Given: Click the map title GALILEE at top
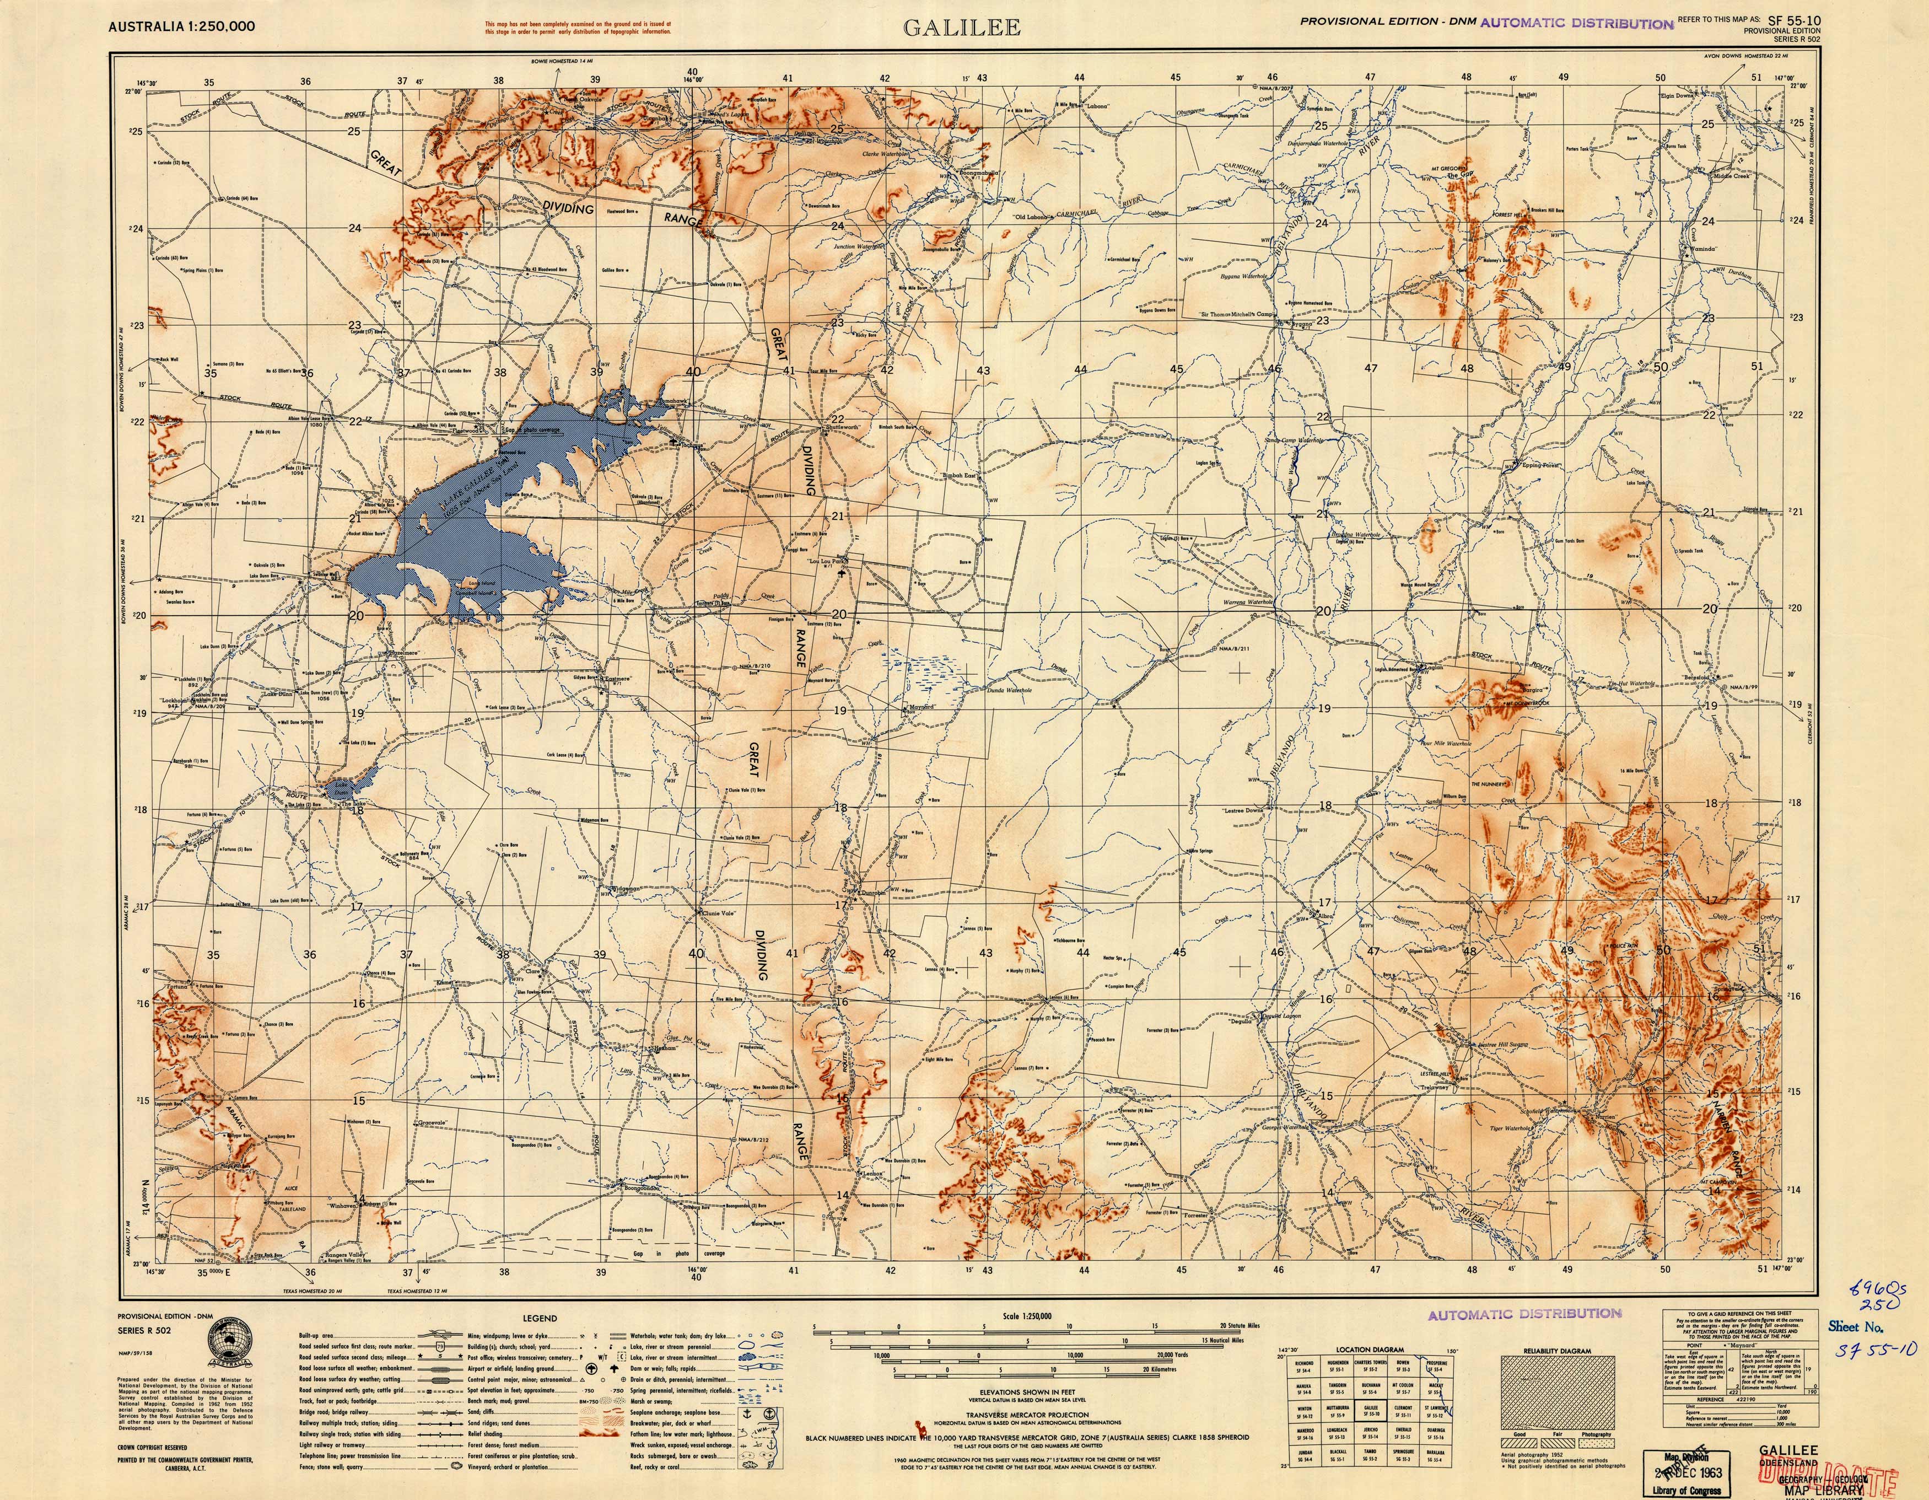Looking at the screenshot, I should [x=961, y=28].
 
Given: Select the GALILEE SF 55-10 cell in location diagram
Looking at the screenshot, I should [x=1370, y=1411].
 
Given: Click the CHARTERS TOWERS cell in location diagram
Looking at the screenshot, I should [x=1370, y=1365].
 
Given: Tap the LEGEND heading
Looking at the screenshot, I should [x=540, y=1318].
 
